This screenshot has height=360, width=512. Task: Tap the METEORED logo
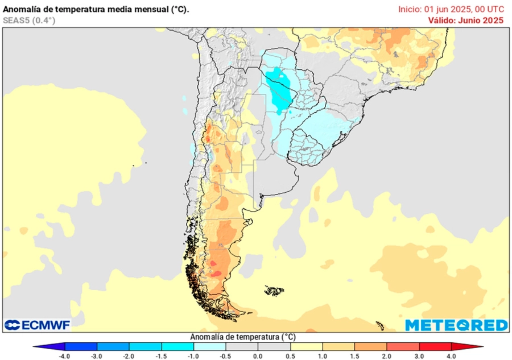pyautogui.click(x=456, y=325)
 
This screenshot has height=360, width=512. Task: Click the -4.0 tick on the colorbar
pyautogui.click(x=65, y=356)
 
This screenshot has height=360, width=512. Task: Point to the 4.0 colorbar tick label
pyautogui.click(x=451, y=356)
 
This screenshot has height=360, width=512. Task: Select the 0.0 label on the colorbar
pyautogui.click(x=258, y=356)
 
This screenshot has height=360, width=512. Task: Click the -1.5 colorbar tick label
pyautogui.click(x=162, y=356)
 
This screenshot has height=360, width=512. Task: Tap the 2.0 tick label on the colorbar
pyautogui.click(x=387, y=356)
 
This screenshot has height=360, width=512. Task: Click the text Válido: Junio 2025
pyautogui.click(x=465, y=20)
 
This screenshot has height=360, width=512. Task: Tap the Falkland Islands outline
pyautogui.click(x=275, y=291)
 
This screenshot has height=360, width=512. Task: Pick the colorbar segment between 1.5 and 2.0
pyautogui.click(x=371, y=346)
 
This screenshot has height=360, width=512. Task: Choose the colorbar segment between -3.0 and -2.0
pyautogui.click(x=113, y=346)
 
